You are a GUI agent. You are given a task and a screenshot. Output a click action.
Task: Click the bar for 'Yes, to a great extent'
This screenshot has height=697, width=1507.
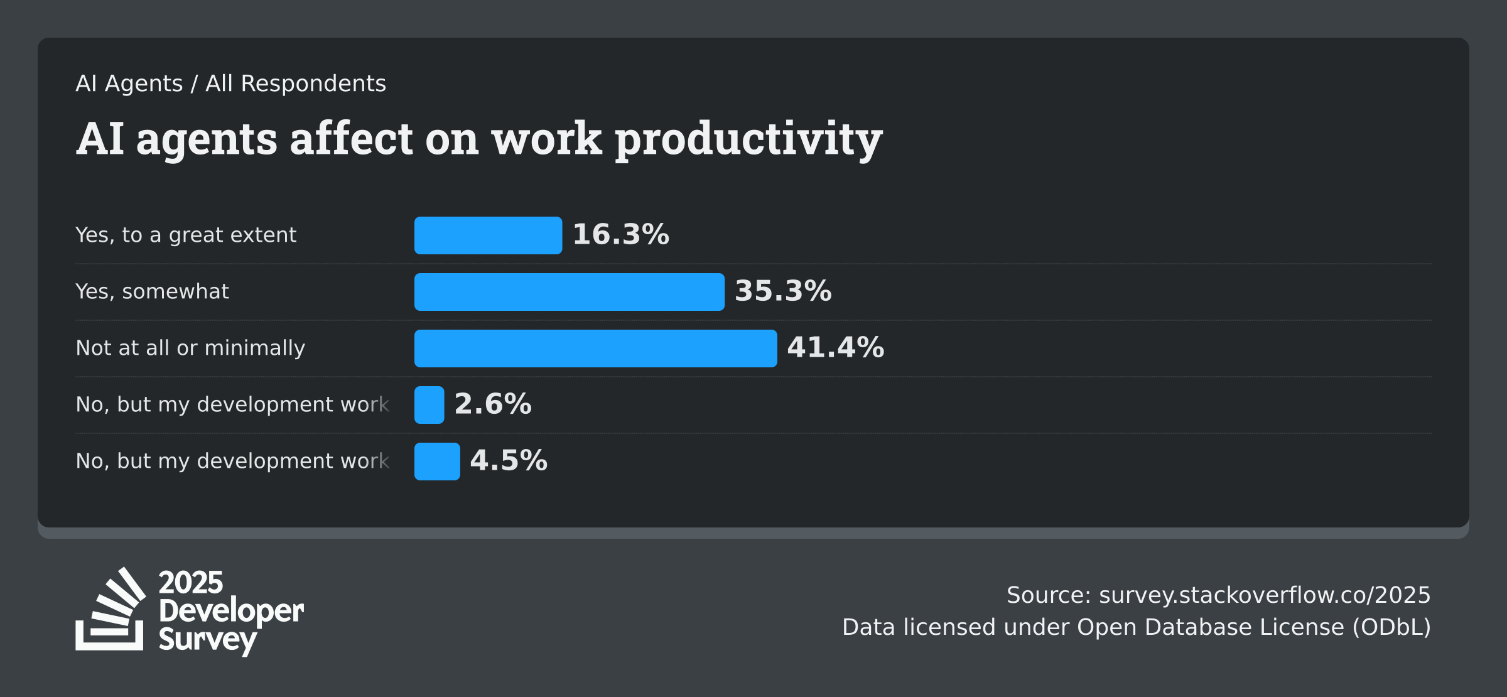(488, 235)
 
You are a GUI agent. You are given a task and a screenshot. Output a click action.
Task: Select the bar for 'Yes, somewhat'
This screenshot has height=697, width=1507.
(569, 292)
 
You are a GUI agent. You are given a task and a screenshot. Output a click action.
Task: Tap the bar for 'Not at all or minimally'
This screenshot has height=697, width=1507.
(595, 348)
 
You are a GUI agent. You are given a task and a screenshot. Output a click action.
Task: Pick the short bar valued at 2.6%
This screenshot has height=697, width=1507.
(429, 405)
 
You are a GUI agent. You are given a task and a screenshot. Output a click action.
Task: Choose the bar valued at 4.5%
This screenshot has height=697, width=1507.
(437, 462)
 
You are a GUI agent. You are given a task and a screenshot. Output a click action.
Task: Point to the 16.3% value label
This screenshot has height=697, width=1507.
(620, 235)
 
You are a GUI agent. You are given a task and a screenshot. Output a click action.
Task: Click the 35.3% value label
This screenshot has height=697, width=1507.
(783, 291)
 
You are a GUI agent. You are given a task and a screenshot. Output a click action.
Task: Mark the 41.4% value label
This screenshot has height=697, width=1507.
(835, 348)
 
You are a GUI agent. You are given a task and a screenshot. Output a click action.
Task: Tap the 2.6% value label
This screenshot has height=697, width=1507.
(493, 404)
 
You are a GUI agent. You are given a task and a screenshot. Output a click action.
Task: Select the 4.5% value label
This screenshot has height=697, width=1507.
(509, 461)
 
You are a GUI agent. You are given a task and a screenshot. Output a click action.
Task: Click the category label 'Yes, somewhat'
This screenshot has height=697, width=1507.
(152, 292)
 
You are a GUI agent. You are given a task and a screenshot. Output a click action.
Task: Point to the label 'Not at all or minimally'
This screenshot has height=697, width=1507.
(190, 348)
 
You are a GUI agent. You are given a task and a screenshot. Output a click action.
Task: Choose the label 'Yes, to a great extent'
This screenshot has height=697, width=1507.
(185, 235)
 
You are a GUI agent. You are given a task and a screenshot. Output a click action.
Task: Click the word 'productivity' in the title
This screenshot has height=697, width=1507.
(748, 139)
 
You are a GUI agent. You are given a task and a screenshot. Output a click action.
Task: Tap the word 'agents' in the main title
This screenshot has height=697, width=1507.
(207, 139)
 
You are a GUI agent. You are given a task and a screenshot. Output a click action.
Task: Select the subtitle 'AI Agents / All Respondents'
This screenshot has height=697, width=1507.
(230, 84)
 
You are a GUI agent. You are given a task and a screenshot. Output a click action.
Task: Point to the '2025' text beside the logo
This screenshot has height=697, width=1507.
(191, 583)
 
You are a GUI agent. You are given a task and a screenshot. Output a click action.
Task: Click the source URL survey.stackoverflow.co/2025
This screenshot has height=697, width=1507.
(1264, 595)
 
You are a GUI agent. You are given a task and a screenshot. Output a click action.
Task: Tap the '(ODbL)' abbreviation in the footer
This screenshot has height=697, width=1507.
(1391, 627)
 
